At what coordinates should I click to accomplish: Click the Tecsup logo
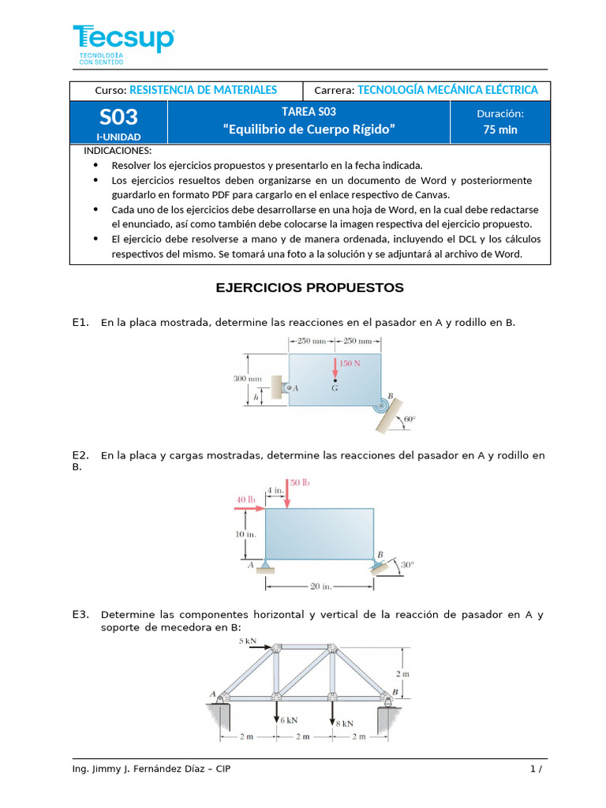click(123, 40)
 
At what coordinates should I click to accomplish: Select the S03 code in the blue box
click(118, 118)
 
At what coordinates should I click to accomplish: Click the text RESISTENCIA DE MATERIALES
click(203, 90)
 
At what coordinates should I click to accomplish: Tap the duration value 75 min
click(500, 129)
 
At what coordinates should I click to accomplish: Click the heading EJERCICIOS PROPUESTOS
click(309, 288)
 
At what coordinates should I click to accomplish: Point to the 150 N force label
click(350, 363)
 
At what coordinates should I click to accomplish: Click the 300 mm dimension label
click(247, 379)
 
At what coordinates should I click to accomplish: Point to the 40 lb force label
click(246, 499)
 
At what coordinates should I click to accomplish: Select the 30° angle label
click(406, 565)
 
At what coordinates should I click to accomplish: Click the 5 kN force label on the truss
click(247, 642)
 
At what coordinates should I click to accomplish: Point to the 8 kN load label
click(344, 722)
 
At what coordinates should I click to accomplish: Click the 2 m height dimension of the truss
click(402, 674)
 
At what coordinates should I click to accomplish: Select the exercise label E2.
click(80, 455)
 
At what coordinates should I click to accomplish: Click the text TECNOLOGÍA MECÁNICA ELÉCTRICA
click(447, 90)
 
